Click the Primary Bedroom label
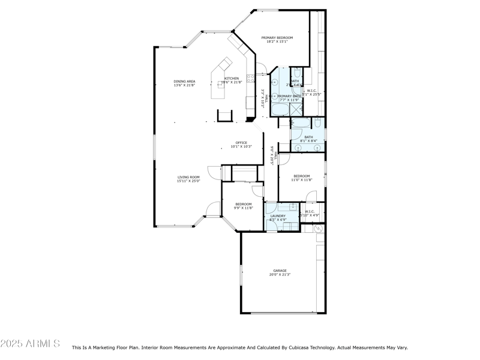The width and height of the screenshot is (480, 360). [x=277, y=38]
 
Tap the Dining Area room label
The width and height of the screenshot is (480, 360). [x=184, y=81]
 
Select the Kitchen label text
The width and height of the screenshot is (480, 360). [x=232, y=78]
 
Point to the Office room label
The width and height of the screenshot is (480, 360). [x=241, y=143]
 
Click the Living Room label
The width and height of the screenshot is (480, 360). [x=188, y=177]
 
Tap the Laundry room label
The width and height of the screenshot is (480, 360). [x=278, y=216]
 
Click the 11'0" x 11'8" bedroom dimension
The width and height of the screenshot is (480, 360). [x=301, y=179]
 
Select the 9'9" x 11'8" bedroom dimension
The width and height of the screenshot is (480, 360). [x=244, y=208]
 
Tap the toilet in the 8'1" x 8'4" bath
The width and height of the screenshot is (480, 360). [x=319, y=123]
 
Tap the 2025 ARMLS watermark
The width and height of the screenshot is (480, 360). [x=30, y=344]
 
